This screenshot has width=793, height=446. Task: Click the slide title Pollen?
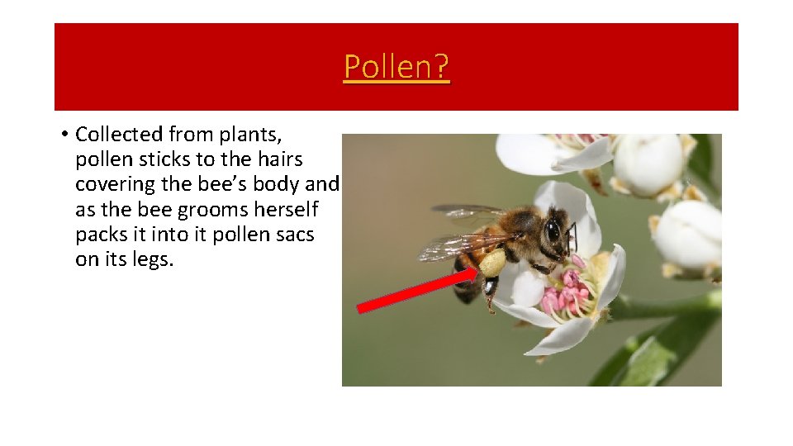click(x=396, y=66)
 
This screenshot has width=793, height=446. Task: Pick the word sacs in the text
click(x=295, y=235)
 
